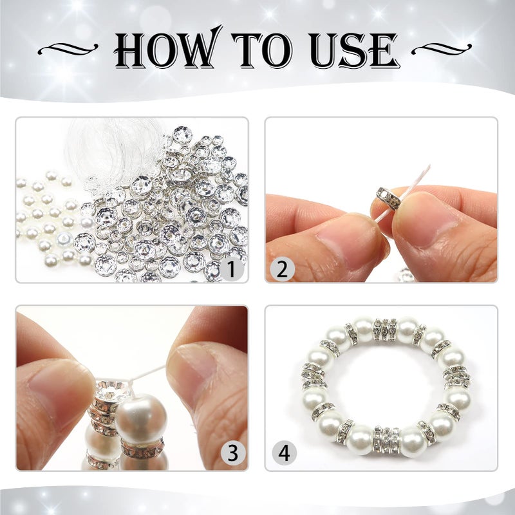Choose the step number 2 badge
[x=281, y=269]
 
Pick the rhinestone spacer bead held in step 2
[x=389, y=197]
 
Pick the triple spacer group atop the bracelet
[x=386, y=330]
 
